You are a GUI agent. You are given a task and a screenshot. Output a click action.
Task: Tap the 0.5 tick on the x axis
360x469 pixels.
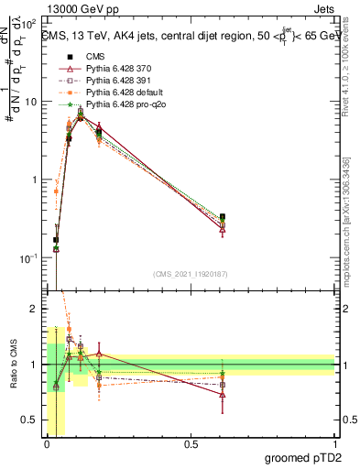(191, 444)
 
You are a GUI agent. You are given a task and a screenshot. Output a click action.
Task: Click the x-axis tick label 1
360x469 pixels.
(334, 444)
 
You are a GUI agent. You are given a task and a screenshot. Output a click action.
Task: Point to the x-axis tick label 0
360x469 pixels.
(47, 444)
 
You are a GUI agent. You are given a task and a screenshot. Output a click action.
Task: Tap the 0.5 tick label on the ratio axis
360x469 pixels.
(30, 420)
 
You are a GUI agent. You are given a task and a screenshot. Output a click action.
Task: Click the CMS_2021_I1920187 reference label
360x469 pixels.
(191, 273)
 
